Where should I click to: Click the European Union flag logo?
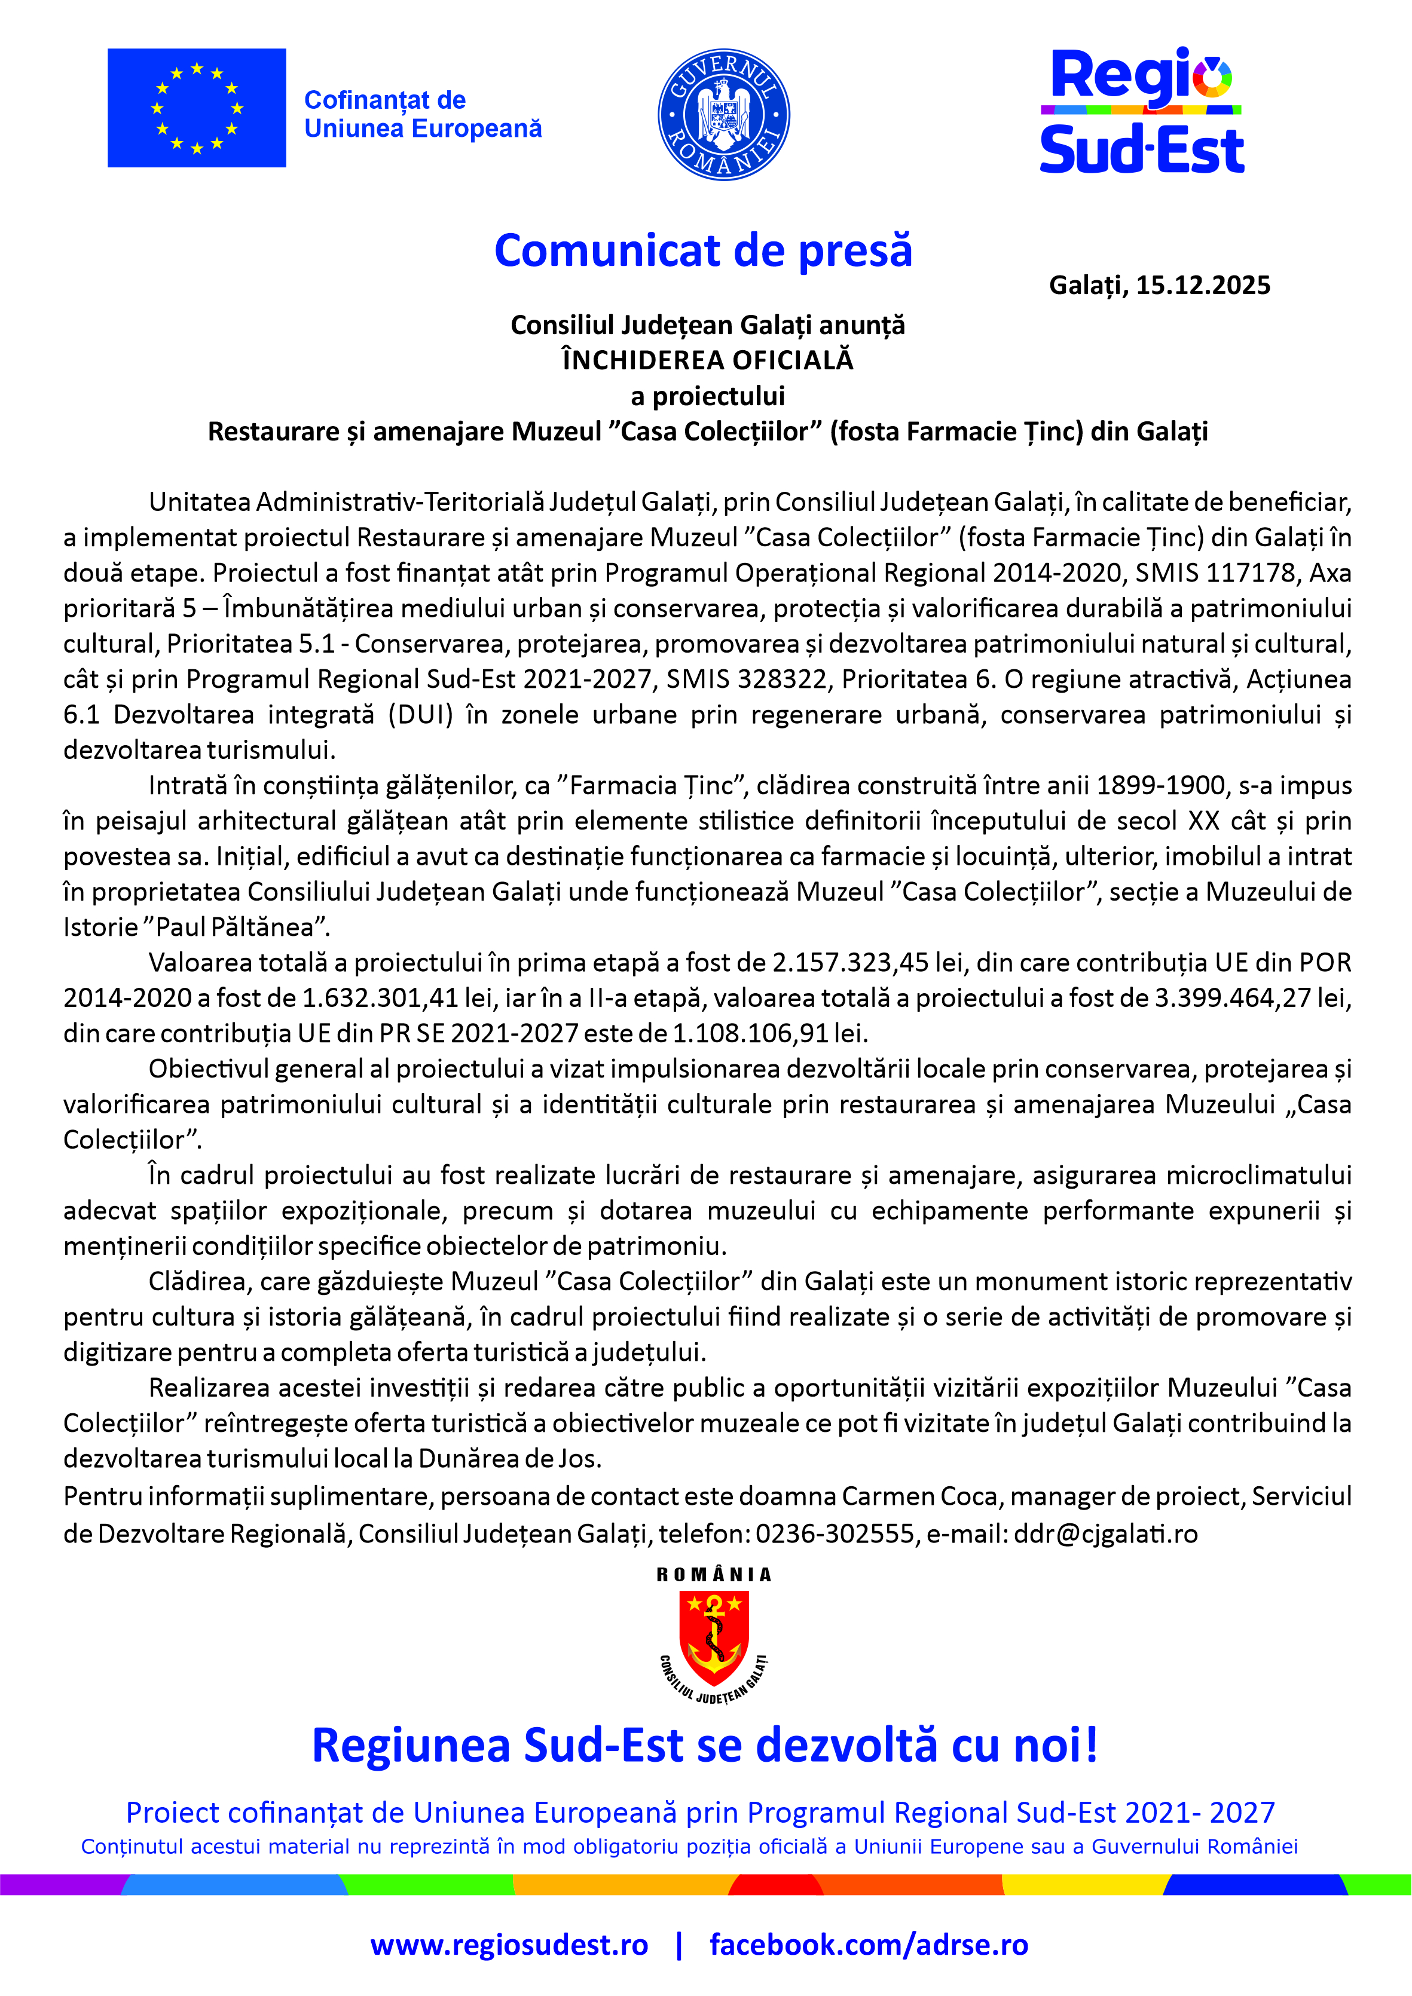coord(197,108)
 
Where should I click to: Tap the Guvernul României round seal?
coord(723,114)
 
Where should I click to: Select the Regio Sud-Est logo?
coord(1142,111)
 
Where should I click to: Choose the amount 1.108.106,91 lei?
coord(769,1033)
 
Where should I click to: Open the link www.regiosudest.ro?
coord(509,1944)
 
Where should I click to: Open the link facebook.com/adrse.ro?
coord(868,1944)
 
